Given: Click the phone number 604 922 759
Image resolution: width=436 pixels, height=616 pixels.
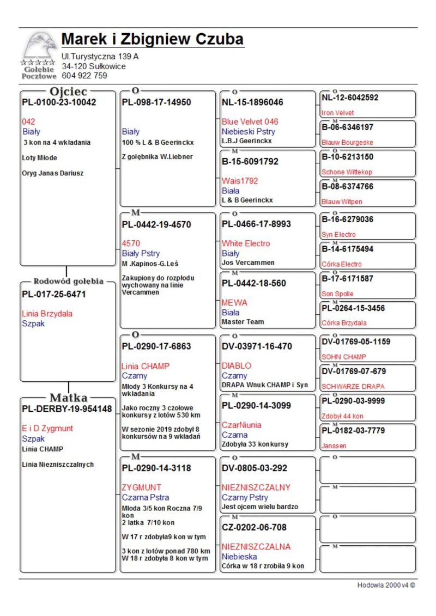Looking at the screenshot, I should pos(84,76).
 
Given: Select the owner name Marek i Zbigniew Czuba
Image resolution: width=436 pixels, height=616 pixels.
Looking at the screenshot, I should pos(152,40).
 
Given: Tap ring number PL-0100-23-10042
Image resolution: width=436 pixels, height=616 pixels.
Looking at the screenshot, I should pos(59,102).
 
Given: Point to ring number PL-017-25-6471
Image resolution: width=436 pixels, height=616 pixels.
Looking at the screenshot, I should pos(54,294).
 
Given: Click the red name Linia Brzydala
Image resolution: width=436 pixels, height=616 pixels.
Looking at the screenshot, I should pos(47,314).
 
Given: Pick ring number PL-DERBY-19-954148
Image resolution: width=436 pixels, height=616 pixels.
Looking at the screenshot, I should pos(66,408).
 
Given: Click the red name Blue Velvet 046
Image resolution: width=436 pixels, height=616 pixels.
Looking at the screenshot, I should pos(250,121).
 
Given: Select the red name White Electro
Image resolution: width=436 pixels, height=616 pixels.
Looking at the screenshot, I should pos(245,243).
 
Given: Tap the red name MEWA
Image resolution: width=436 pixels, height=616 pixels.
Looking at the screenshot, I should pos(234,302).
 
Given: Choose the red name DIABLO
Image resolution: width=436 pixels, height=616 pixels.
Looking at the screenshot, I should pos(237,365).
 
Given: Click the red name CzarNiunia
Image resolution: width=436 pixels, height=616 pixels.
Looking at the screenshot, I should pos(241,425).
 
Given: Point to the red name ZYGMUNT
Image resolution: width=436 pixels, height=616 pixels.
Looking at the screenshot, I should pos(142,487).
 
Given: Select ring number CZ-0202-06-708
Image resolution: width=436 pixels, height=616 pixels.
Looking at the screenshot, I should pos(254,527).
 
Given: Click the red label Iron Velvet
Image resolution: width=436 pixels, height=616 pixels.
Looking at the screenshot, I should pos(337,113).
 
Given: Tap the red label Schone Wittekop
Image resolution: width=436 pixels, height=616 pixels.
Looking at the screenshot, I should pos(347,172).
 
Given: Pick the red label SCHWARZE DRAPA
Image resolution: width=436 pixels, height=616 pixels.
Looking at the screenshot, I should pos(353,386).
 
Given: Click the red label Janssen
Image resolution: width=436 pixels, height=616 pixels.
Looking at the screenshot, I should pos(334,446).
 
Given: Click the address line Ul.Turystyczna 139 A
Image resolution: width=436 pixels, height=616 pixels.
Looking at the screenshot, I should pos(100,56).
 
